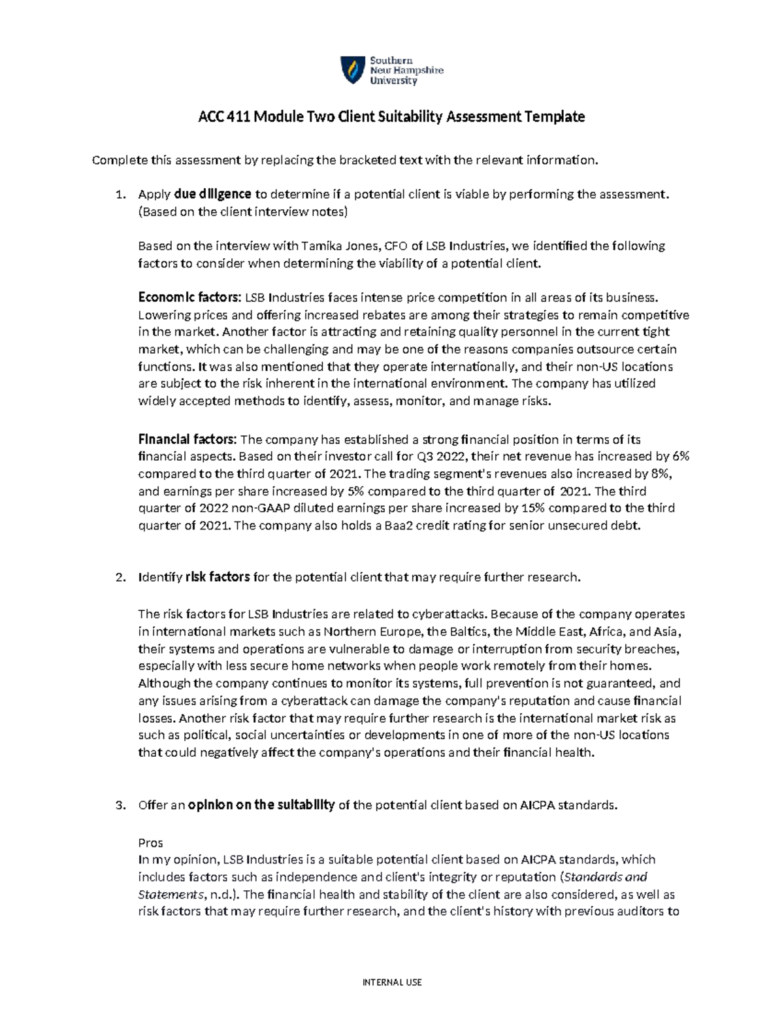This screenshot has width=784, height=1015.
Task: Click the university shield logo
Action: [352, 71]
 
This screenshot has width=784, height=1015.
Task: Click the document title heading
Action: [391, 117]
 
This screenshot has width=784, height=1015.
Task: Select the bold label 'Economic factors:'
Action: [190, 298]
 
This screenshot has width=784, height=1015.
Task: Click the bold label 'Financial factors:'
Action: [189, 440]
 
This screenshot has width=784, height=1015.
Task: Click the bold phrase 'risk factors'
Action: [218, 577]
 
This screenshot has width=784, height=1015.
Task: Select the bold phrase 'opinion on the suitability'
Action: [261, 805]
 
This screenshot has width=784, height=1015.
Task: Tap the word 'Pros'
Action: [150, 842]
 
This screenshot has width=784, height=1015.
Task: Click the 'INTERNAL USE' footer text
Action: [392, 982]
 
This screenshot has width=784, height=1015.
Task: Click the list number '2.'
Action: [120, 578]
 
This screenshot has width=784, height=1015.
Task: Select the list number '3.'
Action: [120, 806]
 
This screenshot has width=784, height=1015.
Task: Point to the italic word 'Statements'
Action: [169, 894]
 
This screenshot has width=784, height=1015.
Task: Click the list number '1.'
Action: [120, 195]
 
